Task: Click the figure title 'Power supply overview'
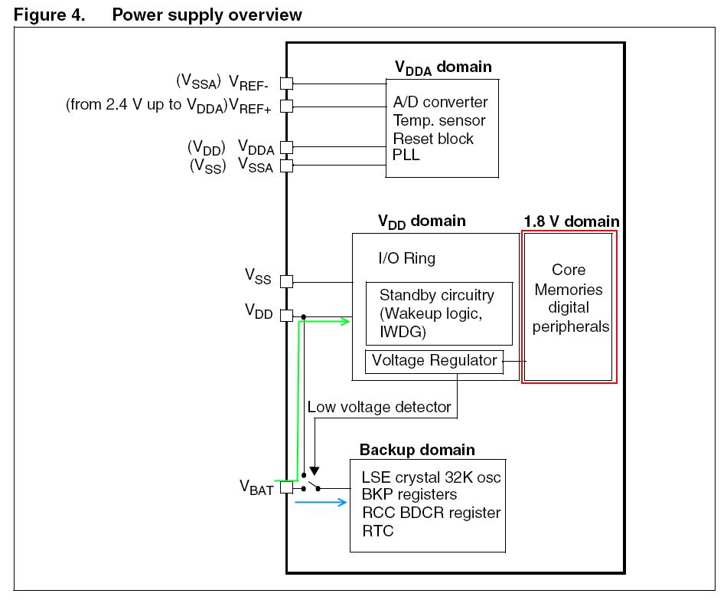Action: tap(207, 15)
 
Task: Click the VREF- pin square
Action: tap(286, 83)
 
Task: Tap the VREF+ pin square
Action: tap(286, 105)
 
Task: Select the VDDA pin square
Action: tap(286, 147)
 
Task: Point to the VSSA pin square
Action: tap(286, 165)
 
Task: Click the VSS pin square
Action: tap(286, 281)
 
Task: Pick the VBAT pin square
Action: tap(286, 487)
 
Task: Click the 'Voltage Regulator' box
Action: tap(434, 360)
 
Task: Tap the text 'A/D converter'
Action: tap(440, 102)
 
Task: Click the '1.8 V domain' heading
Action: tap(571, 221)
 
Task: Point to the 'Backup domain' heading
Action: tap(417, 450)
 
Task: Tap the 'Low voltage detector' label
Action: tap(379, 407)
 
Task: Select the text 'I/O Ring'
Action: tap(407, 258)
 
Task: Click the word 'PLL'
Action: tap(406, 156)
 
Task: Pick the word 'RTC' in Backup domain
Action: tap(377, 530)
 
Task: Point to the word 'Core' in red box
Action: tap(569, 270)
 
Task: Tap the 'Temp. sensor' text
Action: tap(439, 120)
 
